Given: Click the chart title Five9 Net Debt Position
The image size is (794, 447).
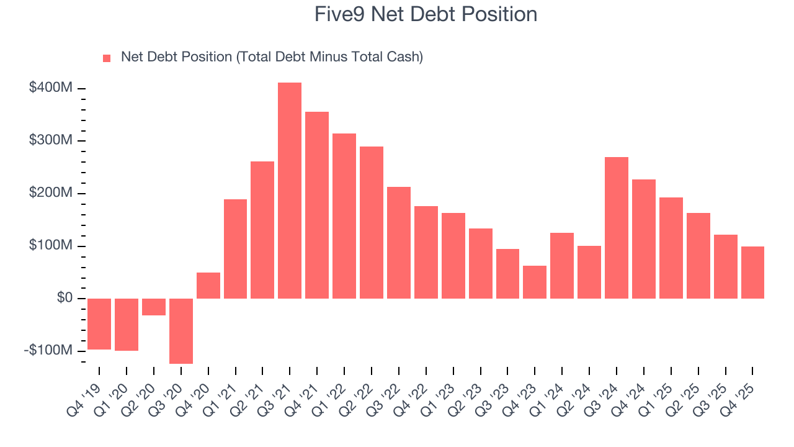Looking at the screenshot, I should (x=426, y=14).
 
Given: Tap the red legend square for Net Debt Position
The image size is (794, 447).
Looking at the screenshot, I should (x=107, y=58).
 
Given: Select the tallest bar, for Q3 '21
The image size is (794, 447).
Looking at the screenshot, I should (x=290, y=191).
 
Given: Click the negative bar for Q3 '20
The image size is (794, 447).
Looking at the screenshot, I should (x=181, y=331).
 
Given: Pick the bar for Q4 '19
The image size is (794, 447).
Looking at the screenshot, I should (x=99, y=323).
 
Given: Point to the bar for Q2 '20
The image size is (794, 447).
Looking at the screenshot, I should (x=154, y=307).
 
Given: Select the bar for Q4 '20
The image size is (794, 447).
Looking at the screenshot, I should (x=208, y=286).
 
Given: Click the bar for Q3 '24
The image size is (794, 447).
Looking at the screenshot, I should (x=617, y=228).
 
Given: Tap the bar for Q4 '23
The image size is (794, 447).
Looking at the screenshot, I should (x=535, y=282).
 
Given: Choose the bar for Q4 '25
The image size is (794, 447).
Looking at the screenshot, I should (x=752, y=273).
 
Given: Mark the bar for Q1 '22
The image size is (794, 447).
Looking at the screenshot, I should (x=344, y=216).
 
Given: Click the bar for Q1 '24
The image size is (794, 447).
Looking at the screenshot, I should (x=562, y=266).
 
